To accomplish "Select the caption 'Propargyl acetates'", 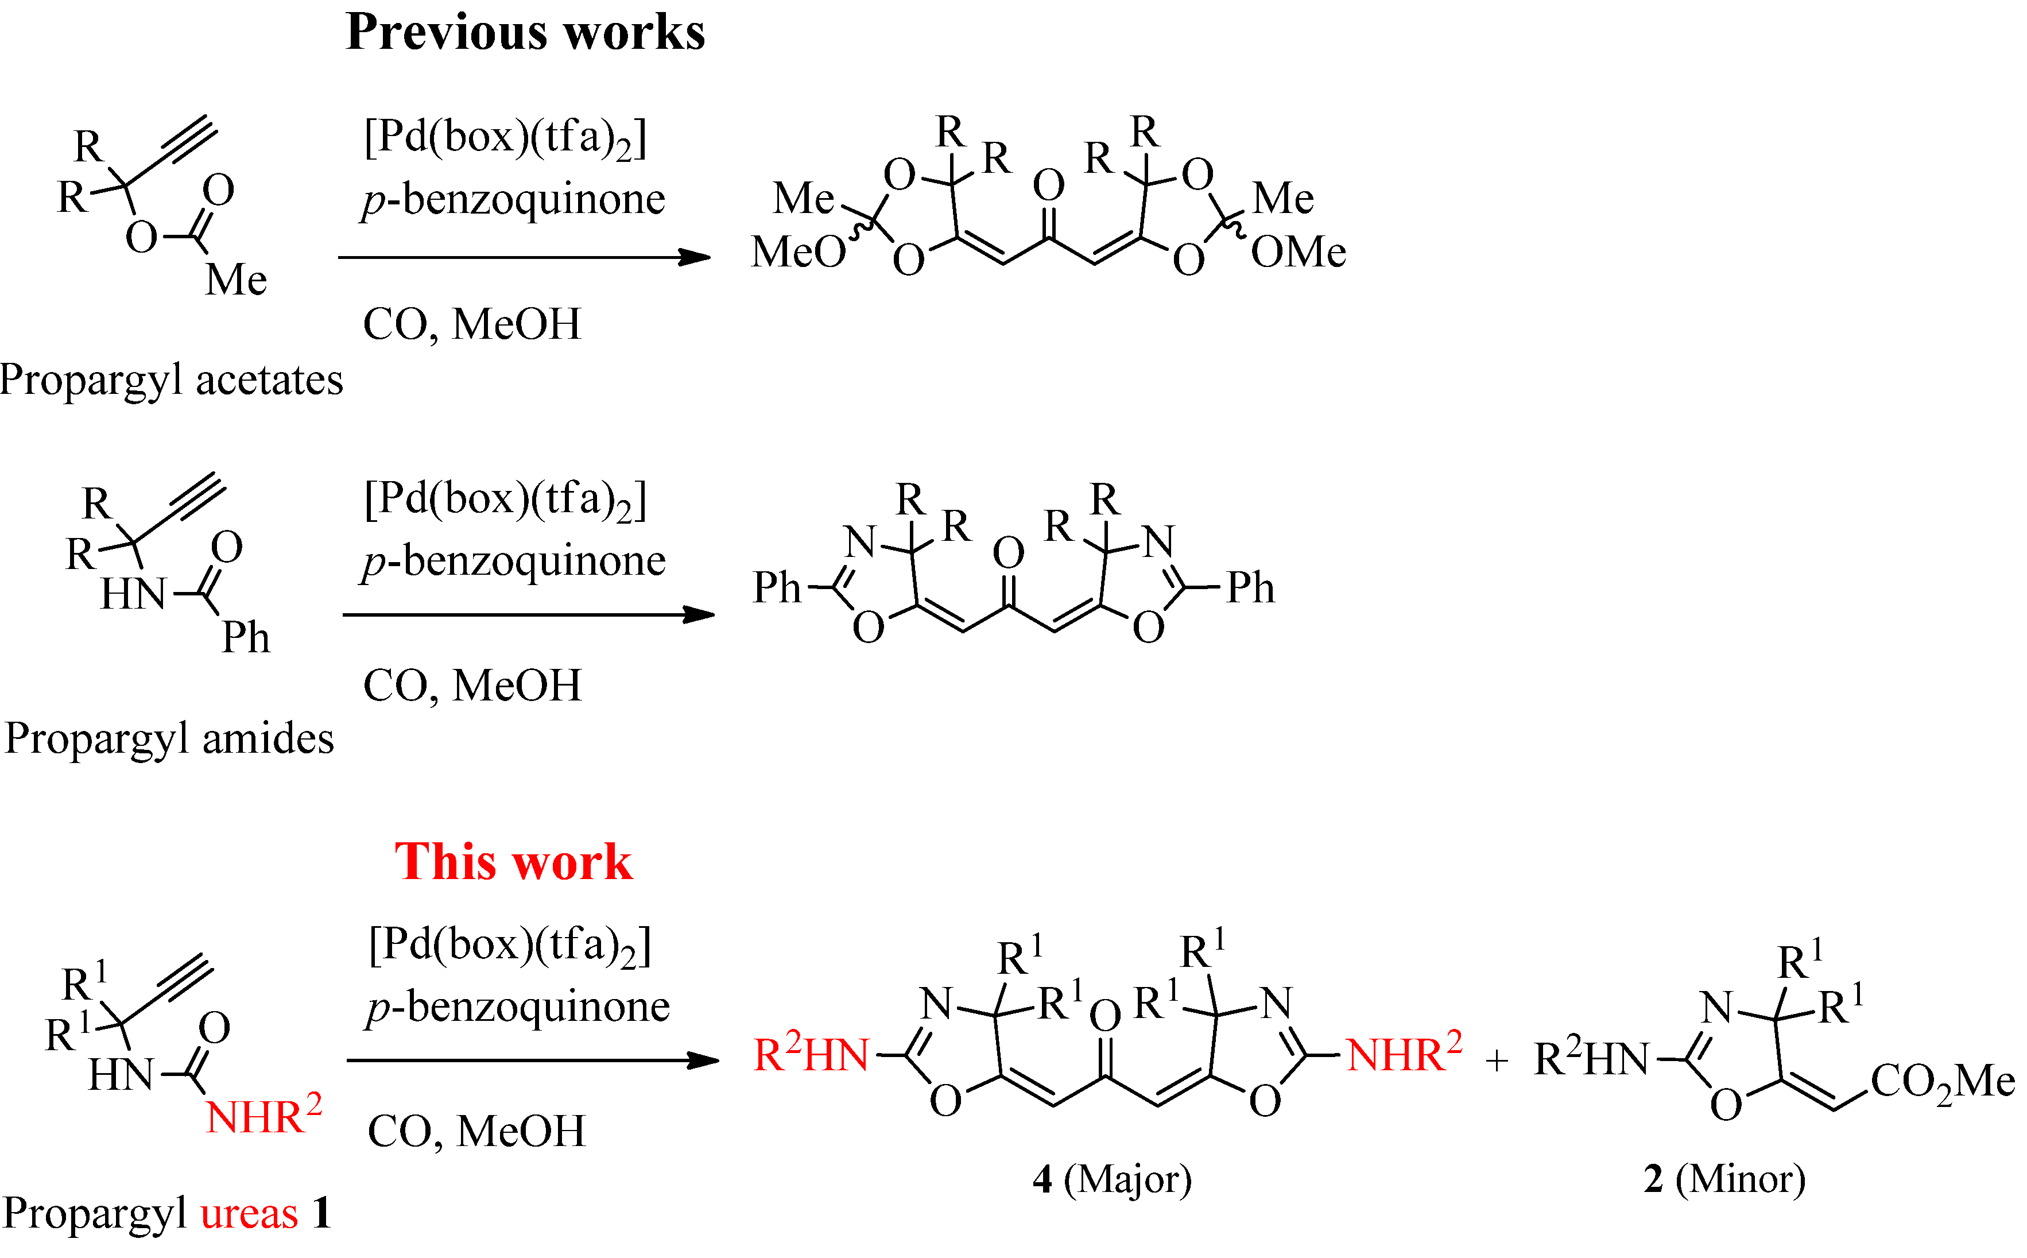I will [171, 380].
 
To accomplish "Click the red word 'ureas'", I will [249, 1213].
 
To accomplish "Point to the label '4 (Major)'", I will [1112, 1179].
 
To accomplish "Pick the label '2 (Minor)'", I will [1724, 1179].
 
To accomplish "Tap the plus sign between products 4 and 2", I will [1497, 1061].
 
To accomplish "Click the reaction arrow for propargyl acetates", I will [524, 257].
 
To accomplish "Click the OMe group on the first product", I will [1299, 251].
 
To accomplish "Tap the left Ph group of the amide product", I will [776, 587].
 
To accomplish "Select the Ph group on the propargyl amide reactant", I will [245, 638].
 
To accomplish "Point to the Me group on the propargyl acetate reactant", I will [236, 280].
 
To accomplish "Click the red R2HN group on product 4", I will [811, 1054].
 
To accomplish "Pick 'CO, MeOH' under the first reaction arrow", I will [472, 324].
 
